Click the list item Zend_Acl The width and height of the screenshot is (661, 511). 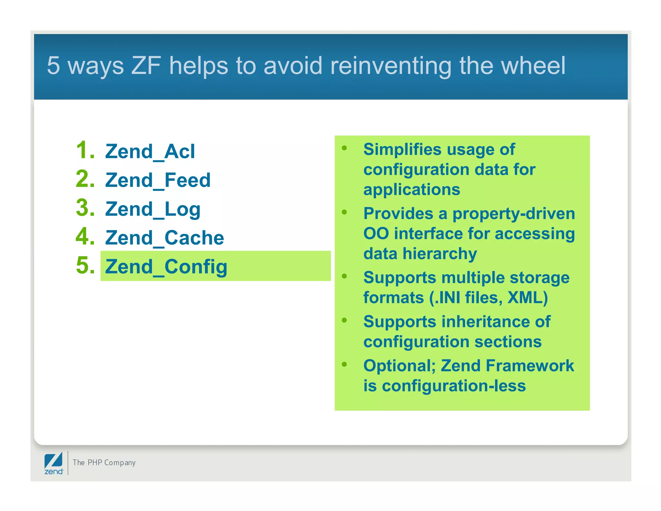(150, 151)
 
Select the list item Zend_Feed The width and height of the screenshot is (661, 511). (158, 180)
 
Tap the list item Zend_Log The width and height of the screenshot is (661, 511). (153, 209)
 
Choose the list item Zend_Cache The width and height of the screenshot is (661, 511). (164, 238)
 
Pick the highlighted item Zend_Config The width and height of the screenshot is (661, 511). (166, 267)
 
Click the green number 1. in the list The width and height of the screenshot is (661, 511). (85, 150)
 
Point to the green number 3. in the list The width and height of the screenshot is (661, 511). (85, 208)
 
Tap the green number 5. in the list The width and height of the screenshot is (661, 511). (85, 266)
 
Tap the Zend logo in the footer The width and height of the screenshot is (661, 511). (54, 463)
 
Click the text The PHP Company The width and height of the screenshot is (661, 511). (104, 463)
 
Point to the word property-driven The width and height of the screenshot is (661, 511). (514, 214)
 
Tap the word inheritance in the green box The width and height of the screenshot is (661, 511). (485, 322)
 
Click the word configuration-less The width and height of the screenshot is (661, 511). (454, 386)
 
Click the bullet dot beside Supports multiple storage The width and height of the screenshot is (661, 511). (344, 276)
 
